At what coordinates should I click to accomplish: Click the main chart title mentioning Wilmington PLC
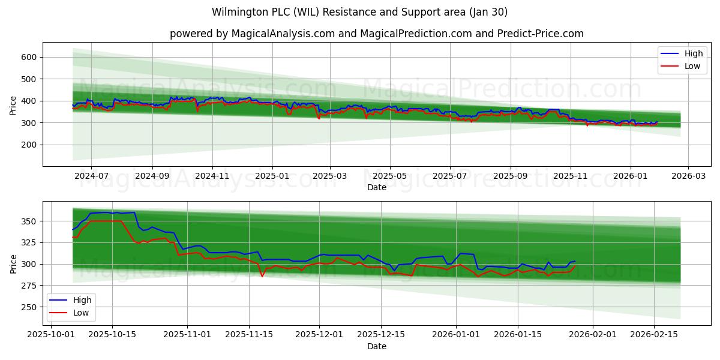coord(360,12)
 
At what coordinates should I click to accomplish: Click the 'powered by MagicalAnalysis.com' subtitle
coord(376,34)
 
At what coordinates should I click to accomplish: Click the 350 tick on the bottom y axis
coord(29,221)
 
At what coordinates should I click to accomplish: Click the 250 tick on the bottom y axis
coord(29,307)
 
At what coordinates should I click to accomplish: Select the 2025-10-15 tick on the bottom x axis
coord(112,335)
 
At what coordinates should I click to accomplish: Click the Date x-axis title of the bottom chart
coord(376,346)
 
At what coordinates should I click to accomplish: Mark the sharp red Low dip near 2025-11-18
coord(262,276)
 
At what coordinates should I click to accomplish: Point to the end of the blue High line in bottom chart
coord(575,261)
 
